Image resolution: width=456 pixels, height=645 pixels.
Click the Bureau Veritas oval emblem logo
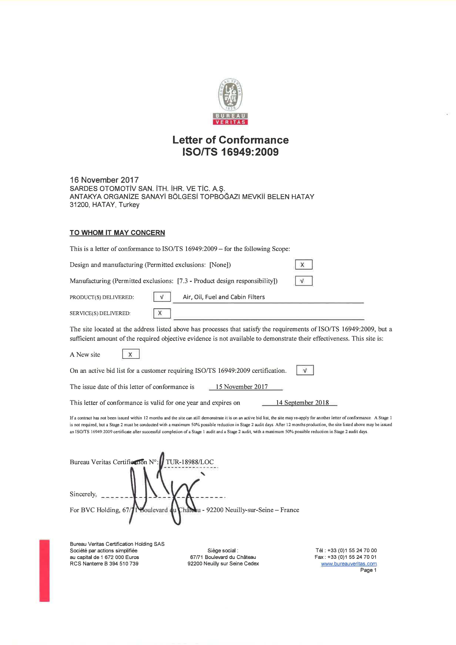[x=231, y=95]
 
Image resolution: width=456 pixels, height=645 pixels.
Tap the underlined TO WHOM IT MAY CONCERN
[x=117, y=233]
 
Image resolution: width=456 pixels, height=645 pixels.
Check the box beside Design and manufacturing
[x=304, y=265]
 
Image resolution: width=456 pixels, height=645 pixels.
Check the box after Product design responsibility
[x=304, y=281]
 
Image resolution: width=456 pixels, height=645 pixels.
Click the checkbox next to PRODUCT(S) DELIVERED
[x=162, y=297]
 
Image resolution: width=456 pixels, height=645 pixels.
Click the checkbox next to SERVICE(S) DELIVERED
[x=162, y=313]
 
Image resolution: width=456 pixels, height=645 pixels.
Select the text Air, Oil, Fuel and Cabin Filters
[x=224, y=297]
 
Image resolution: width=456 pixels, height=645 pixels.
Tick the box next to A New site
[x=131, y=354]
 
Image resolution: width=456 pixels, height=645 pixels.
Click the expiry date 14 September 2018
[x=302, y=403]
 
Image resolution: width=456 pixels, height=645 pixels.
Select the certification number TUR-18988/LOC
[x=190, y=462]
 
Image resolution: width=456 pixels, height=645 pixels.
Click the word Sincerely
[x=83, y=494]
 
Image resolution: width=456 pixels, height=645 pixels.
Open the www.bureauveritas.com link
[x=349, y=563]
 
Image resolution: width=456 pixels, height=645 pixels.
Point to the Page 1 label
[x=368, y=570]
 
